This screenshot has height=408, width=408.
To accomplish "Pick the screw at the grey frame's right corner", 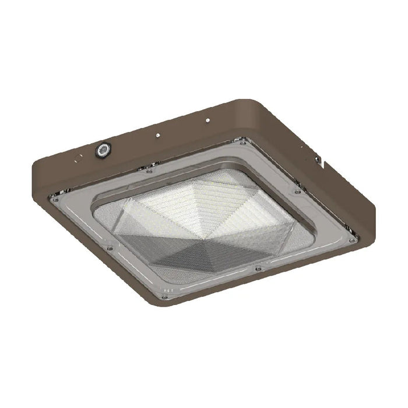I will (x=353, y=240).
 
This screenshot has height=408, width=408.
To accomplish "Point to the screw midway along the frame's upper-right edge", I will (x=297, y=191).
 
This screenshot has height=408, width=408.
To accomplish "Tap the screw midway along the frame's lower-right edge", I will (x=258, y=269).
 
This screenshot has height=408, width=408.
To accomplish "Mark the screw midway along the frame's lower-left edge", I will (x=109, y=248).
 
